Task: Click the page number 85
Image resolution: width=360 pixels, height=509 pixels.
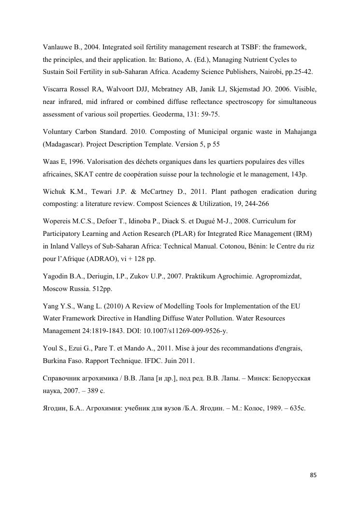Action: pyautogui.click(x=313, y=475)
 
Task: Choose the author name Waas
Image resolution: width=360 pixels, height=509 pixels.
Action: pyautogui.click(x=51, y=161)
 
